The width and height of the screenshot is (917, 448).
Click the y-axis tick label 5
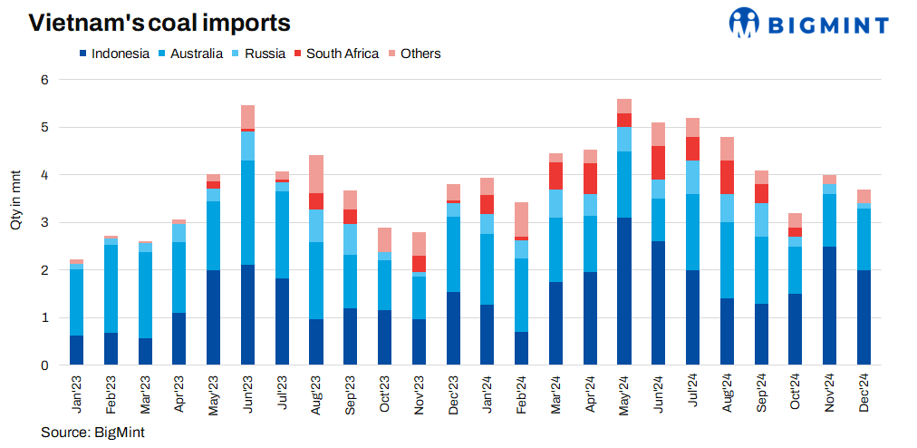[x=43, y=128]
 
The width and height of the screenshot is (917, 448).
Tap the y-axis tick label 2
[x=43, y=270]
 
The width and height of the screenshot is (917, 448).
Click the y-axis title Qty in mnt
[x=15, y=199]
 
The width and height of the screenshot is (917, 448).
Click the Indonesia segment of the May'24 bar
[x=624, y=291]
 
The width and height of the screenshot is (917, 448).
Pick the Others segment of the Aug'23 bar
[x=316, y=174]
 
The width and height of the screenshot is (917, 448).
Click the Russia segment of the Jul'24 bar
[x=693, y=177]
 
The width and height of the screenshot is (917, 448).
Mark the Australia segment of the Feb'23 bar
[x=111, y=288]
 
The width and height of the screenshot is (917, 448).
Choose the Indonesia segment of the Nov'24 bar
[x=831, y=306]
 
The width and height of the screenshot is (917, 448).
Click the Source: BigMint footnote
[x=92, y=433]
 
